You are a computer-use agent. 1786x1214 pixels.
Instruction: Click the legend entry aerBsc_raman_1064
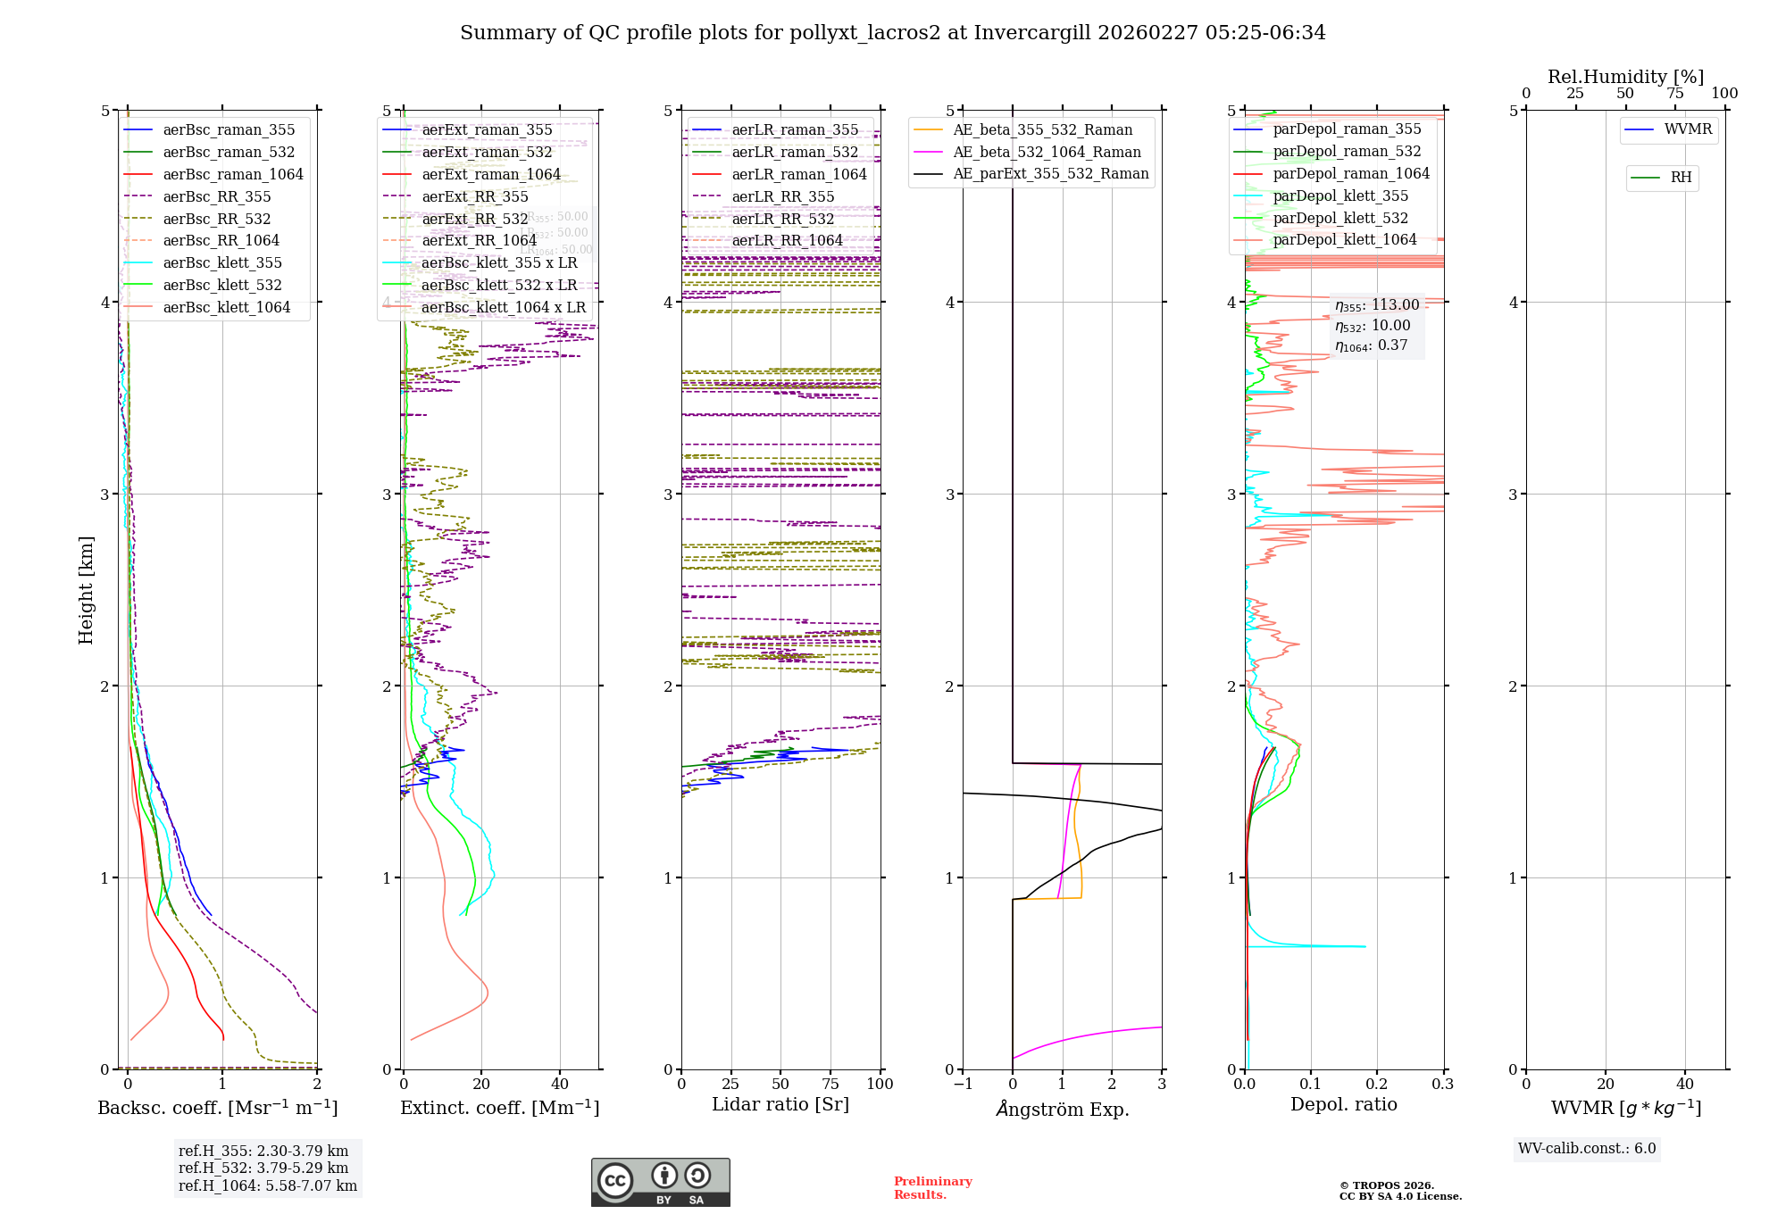point(232,174)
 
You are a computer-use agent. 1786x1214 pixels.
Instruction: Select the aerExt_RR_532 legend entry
point(474,219)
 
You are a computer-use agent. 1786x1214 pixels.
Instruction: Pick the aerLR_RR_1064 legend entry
point(787,240)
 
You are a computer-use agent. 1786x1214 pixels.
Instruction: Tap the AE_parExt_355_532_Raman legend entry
point(1050,173)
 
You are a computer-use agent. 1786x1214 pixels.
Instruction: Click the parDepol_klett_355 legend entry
point(1339,195)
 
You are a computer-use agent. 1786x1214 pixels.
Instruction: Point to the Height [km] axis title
point(86,589)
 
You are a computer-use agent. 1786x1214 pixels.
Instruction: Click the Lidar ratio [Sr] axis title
point(780,1104)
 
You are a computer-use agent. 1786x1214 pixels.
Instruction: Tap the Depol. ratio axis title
point(1343,1104)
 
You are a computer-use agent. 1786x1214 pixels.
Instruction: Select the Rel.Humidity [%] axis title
point(1625,77)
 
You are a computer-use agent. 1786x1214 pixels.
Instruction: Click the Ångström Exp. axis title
point(1062,1109)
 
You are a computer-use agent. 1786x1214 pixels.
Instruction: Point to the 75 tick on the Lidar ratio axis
point(830,1084)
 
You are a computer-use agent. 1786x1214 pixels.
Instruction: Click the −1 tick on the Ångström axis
point(962,1084)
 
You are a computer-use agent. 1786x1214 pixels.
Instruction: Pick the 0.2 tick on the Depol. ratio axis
point(1376,1084)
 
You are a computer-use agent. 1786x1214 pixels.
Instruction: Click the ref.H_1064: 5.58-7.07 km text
point(267,1185)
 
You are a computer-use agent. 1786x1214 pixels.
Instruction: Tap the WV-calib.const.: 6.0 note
point(1587,1149)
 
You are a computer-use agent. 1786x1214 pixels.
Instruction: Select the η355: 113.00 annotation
point(1376,305)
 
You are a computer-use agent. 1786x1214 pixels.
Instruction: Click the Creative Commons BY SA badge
point(660,1182)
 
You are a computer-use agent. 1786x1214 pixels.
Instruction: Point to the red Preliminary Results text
point(932,1188)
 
